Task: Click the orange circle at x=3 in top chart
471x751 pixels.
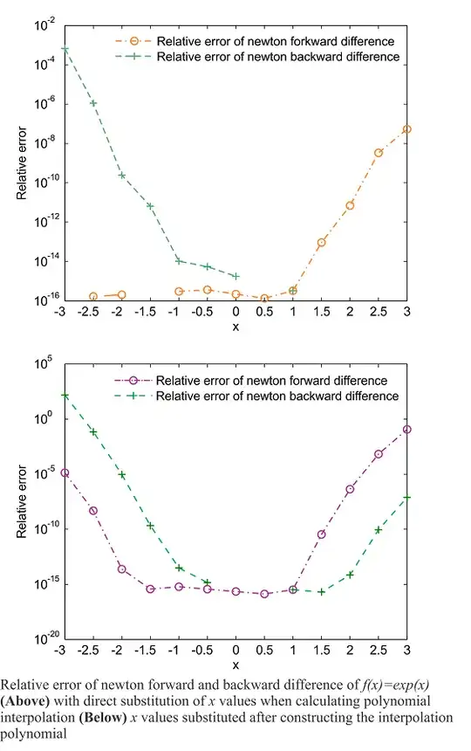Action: pyautogui.click(x=407, y=129)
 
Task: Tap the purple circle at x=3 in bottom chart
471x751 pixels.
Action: pyautogui.click(x=407, y=430)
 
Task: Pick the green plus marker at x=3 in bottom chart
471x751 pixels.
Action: pyautogui.click(x=407, y=497)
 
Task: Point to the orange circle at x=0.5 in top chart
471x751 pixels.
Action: pyautogui.click(x=264, y=299)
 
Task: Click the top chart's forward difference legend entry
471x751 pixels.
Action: pyautogui.click(x=258, y=40)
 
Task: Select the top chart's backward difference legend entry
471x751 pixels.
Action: pyautogui.click(x=258, y=57)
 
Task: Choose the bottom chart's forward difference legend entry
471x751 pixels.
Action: pyautogui.click(x=258, y=381)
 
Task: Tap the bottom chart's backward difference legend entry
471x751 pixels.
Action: pyautogui.click(x=258, y=396)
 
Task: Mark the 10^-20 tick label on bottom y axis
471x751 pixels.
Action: pyautogui.click(x=40, y=638)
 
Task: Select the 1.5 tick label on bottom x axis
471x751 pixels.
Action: pyautogui.click(x=321, y=651)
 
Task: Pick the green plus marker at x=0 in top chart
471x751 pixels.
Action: pyautogui.click(x=235, y=276)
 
